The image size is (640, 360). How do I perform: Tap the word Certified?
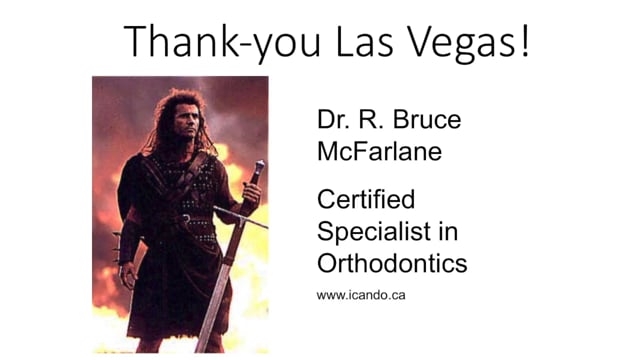click(x=365, y=200)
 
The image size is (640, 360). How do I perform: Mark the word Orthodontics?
click(x=392, y=263)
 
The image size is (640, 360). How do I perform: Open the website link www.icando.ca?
click(x=360, y=295)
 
